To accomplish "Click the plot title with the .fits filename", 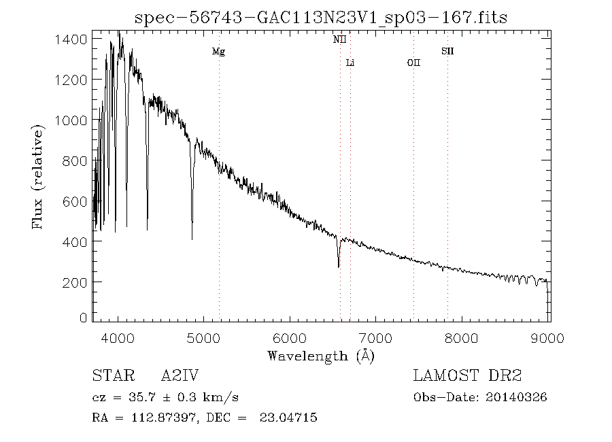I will [x=321, y=16].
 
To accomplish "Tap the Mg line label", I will [x=218, y=52].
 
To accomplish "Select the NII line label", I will [x=339, y=40].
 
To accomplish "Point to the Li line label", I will [x=350, y=63].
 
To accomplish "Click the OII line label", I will [x=413, y=63].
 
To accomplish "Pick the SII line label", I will [x=447, y=52].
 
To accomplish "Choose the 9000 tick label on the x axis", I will [x=549, y=338].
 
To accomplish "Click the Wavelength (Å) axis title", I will [x=321, y=356].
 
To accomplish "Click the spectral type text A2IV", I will [x=180, y=376].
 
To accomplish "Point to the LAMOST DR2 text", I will [x=467, y=376].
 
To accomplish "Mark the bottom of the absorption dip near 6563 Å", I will [x=338, y=267].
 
